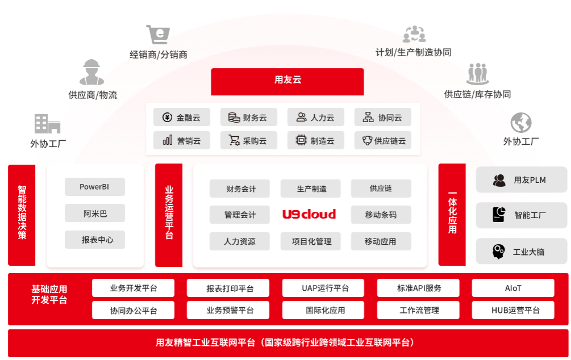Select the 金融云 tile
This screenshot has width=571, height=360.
click(x=182, y=118)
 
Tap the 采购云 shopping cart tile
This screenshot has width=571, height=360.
click(x=248, y=140)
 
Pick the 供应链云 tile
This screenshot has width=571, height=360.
click(x=382, y=140)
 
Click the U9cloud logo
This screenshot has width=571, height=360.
click(x=309, y=214)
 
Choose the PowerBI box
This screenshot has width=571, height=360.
click(x=94, y=187)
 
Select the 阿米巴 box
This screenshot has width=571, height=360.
click(x=94, y=214)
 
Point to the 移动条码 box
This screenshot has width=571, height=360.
click(x=380, y=215)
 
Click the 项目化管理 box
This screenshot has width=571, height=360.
click(x=311, y=241)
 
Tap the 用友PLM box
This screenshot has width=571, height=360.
click(x=521, y=180)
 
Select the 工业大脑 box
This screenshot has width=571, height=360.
click(x=521, y=251)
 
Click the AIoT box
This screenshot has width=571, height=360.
click(x=512, y=288)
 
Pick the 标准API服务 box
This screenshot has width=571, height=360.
click(x=419, y=288)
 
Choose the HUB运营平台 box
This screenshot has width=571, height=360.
click(x=512, y=310)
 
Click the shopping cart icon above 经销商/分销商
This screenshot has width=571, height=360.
click(x=157, y=35)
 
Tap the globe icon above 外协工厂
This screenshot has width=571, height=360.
click(x=520, y=123)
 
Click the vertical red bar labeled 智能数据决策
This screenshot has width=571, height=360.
click(x=22, y=215)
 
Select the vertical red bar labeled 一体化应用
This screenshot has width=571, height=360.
click(x=452, y=215)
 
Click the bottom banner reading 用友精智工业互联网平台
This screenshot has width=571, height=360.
click(x=285, y=342)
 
